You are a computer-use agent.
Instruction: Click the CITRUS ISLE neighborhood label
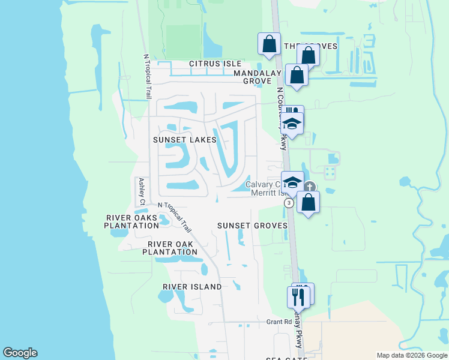coord(215,64)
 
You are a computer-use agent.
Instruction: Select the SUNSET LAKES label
coord(184,140)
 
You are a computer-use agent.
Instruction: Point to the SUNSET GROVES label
coord(252,226)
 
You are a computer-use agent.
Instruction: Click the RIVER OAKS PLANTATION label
coord(131,221)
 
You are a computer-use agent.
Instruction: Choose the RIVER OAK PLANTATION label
coord(169,248)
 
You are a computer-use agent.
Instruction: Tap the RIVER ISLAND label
coord(192,287)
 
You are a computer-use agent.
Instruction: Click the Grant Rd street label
coord(279,322)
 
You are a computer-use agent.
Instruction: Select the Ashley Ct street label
coord(142,191)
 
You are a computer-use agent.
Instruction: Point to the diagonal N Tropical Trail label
coord(175,217)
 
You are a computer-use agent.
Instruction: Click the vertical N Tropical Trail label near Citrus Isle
coord(146,77)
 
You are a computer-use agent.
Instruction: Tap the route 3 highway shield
coord(289,203)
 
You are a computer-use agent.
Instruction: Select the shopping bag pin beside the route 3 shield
coord(308,202)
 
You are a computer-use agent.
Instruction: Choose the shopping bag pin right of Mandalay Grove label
coord(297,75)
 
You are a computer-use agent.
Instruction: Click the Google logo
coord(20,353)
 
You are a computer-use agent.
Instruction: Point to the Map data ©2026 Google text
coord(411,355)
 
